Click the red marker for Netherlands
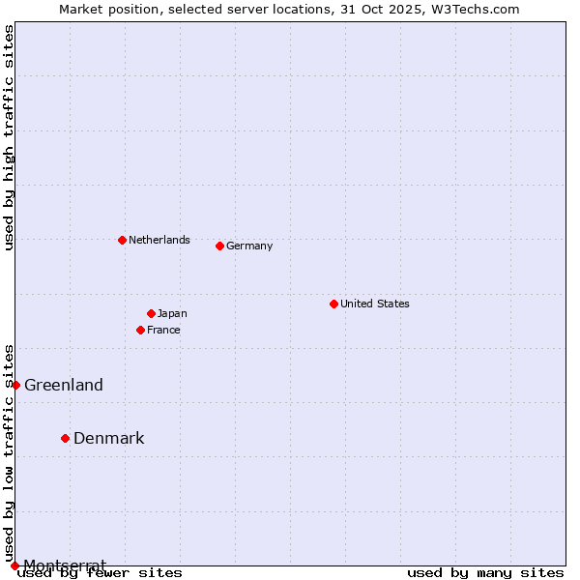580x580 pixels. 122,240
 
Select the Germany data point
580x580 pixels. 219,246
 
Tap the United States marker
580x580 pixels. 333,304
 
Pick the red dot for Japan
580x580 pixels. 151,313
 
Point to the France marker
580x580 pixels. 140,330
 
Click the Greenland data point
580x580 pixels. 15,385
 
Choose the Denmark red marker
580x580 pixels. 65,438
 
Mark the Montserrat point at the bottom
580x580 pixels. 14,565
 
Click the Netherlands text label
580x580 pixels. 159,240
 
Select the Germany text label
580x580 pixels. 249,246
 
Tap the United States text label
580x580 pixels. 375,304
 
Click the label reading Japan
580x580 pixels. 172,313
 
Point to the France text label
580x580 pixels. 164,330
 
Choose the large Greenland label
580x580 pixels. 64,385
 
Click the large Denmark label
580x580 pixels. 109,438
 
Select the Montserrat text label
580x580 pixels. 65,565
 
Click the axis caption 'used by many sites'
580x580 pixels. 485,572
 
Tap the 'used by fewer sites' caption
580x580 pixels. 100,572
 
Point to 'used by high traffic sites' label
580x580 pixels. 9,137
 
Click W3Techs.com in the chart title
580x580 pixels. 475,9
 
